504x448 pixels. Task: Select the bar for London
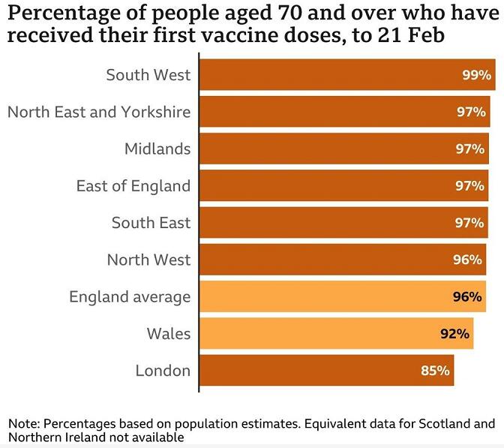tap(326, 370)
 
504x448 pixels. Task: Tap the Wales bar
tap(336, 333)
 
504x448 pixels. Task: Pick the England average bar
tap(342, 296)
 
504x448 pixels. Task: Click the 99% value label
tap(477, 75)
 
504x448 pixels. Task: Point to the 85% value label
tap(435, 370)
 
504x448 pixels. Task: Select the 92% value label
tap(454, 333)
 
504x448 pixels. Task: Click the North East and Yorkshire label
tap(99, 112)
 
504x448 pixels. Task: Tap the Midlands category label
tap(157, 149)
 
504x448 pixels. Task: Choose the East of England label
tap(133, 185)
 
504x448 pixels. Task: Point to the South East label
tap(151, 222)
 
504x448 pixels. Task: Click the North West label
tap(148, 260)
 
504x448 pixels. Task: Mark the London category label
tap(163, 370)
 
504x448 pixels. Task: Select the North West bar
tap(342, 260)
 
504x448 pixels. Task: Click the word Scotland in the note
tap(445, 422)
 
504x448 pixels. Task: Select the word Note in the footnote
tap(22, 422)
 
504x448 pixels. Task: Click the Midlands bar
tap(344, 149)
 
